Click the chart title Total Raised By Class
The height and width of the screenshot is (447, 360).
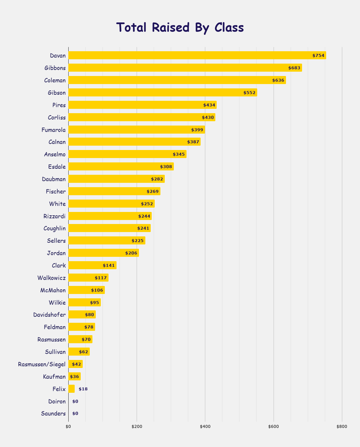pos(180,27)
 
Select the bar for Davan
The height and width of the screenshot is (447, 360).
pos(197,55)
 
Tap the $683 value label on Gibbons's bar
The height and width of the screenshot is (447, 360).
pos(294,68)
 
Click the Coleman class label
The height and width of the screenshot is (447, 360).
pos(55,80)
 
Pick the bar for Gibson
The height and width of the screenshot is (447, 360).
pos(162,92)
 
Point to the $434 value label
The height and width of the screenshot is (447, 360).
pos(209,105)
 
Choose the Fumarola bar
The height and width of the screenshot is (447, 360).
pos(136,130)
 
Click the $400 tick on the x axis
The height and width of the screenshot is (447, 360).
pos(205,427)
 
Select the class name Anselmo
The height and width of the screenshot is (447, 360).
pos(55,154)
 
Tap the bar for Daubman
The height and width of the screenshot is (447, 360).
pos(116,179)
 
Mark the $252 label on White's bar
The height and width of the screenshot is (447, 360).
pos(147,204)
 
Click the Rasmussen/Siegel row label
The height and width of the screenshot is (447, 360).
pos(42,364)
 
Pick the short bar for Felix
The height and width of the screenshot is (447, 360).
pos(71,389)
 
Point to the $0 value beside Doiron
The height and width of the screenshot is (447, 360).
pos(75,401)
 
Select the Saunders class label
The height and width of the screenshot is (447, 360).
pos(53,414)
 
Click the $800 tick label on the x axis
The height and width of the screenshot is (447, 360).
pos(342,427)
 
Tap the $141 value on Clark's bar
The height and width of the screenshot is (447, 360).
pos(109,266)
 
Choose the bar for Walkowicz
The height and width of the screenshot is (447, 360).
pos(88,278)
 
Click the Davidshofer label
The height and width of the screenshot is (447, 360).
pos(49,315)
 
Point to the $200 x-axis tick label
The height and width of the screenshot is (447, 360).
pos(137,427)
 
